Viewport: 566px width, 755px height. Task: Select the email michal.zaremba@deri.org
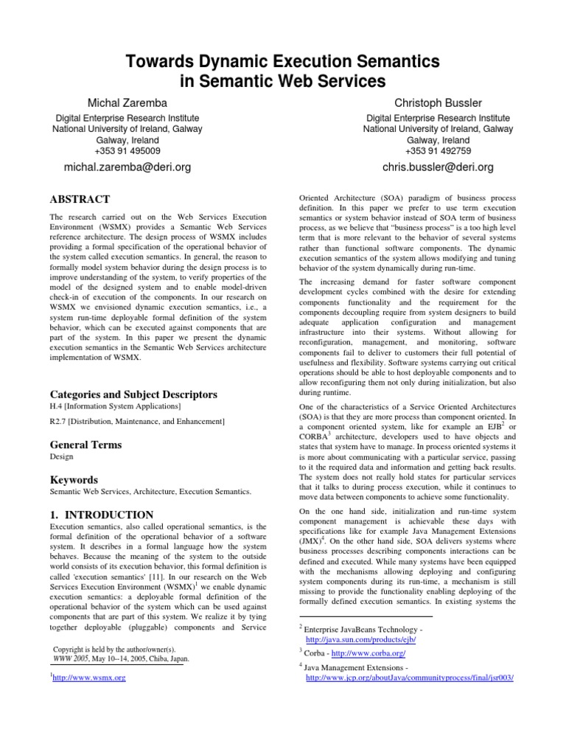127,167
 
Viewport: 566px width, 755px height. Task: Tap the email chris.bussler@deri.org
438,167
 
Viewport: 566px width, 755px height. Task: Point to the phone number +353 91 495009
127,150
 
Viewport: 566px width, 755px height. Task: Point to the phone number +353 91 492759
438,150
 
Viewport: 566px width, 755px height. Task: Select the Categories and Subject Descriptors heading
133,394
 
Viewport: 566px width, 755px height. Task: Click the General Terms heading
85,445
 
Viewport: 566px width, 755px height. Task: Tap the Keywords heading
74,480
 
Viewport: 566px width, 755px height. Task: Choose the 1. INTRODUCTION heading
102,515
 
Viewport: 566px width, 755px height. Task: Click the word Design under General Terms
61,458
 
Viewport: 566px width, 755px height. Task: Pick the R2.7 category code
59,421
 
